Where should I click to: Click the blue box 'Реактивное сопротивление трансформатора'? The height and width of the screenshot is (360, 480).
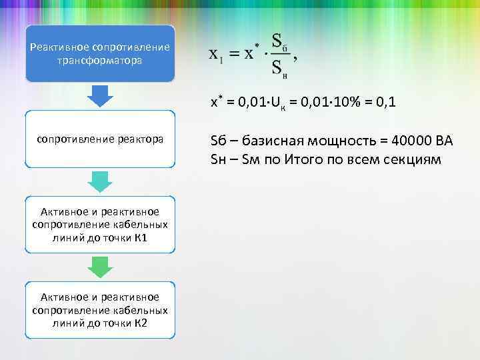tap(100, 53)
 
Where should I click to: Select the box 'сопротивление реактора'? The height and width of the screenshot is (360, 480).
tap(100, 139)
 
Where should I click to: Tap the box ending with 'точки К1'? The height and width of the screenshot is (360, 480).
tap(100, 225)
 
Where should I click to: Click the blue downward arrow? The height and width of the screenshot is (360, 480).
tap(100, 96)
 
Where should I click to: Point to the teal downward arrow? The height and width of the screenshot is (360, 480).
tap(100, 181)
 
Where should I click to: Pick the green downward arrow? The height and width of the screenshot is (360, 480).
tap(100, 267)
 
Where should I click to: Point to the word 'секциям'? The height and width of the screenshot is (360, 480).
tap(415, 160)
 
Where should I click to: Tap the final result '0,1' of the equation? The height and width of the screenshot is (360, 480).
tap(387, 103)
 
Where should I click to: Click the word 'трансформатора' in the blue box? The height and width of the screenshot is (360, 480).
tap(100, 61)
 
